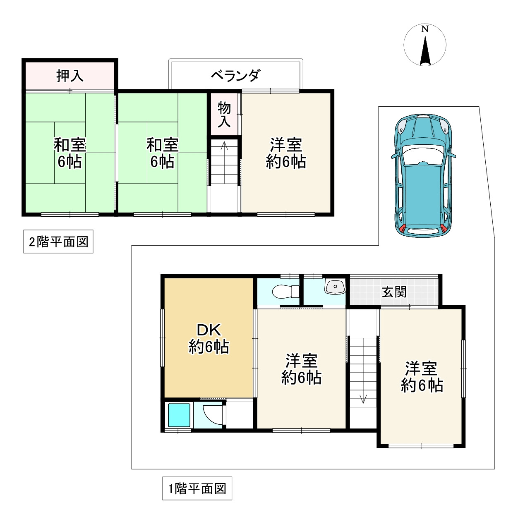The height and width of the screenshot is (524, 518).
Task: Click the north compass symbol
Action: [x=425, y=45]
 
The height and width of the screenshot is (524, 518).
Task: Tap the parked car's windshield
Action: [x=423, y=155]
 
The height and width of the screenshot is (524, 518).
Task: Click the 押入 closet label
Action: [x=70, y=76]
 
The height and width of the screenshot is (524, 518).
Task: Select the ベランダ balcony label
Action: [x=235, y=75]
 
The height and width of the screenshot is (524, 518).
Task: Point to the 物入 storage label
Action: [x=224, y=114]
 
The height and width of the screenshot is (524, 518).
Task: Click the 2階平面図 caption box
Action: [x=58, y=242]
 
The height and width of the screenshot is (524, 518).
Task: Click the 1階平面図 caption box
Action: [x=197, y=488]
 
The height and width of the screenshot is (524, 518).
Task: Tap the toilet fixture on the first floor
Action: [x=285, y=292]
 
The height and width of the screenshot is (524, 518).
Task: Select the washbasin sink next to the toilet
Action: [x=335, y=286]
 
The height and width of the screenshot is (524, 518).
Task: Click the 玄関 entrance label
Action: [x=394, y=292]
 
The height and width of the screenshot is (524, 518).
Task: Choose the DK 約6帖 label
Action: [x=209, y=338]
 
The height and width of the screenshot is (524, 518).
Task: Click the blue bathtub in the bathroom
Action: [x=179, y=415]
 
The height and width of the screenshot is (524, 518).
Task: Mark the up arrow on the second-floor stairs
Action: [x=224, y=146]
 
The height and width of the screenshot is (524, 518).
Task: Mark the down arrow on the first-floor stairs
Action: [x=363, y=399]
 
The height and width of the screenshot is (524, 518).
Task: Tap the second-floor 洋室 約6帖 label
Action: [x=286, y=153]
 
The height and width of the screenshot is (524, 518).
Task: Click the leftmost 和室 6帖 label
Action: [x=70, y=153]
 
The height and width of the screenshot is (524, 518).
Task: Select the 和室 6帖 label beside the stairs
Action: [x=162, y=153]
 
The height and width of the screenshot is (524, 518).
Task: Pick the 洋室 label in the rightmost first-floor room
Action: [x=421, y=368]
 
